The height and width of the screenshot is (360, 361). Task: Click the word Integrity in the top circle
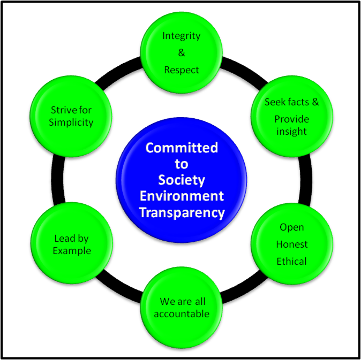(x=182, y=36)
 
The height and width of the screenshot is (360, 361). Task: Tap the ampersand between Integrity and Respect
(x=182, y=53)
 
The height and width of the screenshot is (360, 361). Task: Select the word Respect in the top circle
(x=182, y=70)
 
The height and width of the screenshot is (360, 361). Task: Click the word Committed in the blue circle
(x=182, y=147)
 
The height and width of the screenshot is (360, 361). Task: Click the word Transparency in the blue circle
(x=182, y=212)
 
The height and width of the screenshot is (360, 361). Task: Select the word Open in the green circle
(x=291, y=227)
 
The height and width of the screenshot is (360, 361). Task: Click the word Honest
(x=291, y=244)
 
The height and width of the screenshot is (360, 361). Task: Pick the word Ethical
(x=291, y=262)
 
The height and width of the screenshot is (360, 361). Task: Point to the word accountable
(x=182, y=314)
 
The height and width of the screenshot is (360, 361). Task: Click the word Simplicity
(x=71, y=122)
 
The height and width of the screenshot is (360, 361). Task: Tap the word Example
(x=71, y=251)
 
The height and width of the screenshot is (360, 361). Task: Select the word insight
(x=291, y=131)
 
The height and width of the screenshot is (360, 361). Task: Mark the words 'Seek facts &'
(x=291, y=102)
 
